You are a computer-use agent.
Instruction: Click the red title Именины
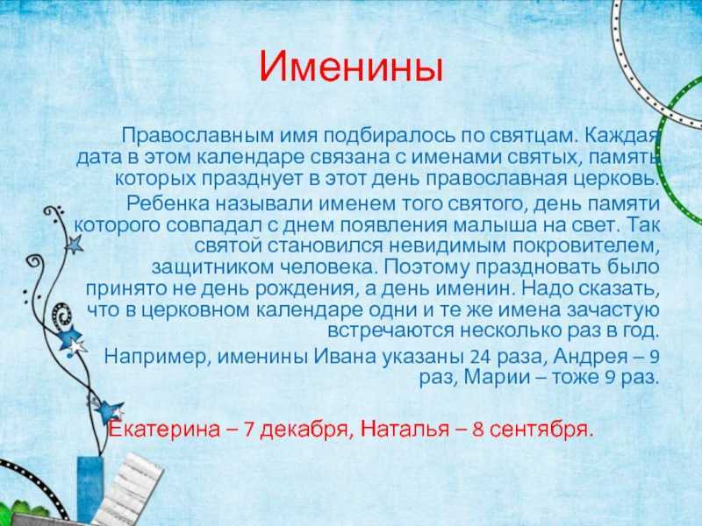pyautogui.click(x=351, y=67)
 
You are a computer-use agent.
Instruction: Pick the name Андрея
pyautogui.click(x=591, y=357)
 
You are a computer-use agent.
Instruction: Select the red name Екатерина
pyautogui.click(x=165, y=430)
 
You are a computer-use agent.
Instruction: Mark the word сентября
pyautogui.click(x=541, y=430)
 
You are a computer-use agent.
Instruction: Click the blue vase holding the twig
pyautogui.click(x=90, y=489)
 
